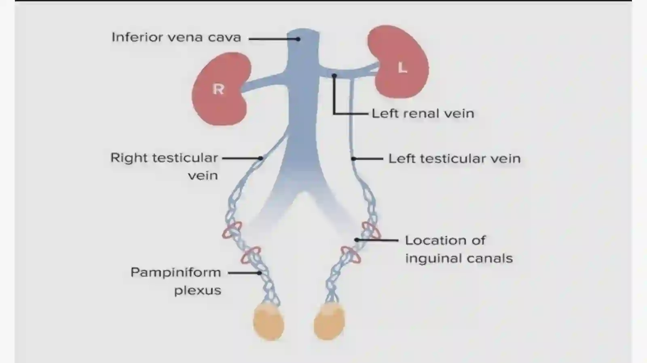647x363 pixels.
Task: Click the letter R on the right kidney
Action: (218, 89)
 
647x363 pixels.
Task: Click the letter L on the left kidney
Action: (402, 68)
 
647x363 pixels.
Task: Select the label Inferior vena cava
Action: (176, 38)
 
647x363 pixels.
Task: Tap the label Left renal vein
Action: (423, 113)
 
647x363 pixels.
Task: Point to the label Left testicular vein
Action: (455, 159)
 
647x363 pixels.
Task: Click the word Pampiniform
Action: (176, 273)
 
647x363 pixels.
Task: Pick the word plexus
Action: (198, 290)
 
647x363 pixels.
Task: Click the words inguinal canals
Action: (459, 258)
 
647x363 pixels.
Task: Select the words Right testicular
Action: (164, 158)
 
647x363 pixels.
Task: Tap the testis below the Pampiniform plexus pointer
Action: (269, 321)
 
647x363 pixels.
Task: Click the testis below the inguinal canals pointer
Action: (330, 321)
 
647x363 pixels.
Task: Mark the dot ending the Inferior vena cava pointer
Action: (298, 39)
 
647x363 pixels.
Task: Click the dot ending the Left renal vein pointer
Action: (334, 76)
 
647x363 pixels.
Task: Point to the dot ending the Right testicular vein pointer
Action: (260, 158)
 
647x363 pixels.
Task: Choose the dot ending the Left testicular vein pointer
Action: (353, 159)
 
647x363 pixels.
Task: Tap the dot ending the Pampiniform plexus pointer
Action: (259, 273)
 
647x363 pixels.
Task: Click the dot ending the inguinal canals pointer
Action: (357, 239)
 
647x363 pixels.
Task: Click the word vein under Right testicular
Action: (203, 176)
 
